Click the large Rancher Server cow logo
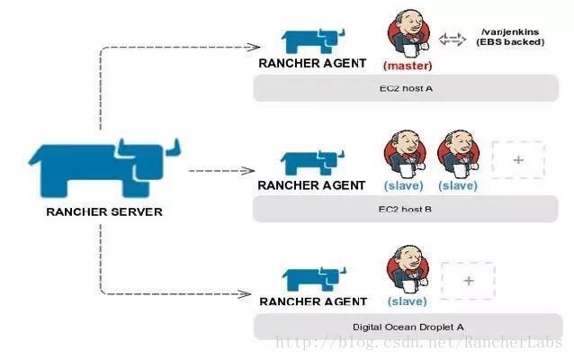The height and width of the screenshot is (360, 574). click(x=103, y=166)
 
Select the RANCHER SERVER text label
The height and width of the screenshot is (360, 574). click(x=103, y=212)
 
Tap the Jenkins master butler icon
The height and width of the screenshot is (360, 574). click(x=408, y=34)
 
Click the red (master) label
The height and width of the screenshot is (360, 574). click(x=408, y=66)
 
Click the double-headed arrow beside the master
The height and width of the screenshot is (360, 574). click(x=452, y=39)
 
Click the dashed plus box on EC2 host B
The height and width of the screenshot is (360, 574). click(x=517, y=159)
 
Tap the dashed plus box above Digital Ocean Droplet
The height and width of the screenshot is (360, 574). click(x=468, y=280)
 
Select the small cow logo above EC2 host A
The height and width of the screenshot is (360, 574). click(x=311, y=40)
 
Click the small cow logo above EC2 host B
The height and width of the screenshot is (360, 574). click(x=311, y=162)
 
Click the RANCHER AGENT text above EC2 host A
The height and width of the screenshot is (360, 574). click(x=311, y=63)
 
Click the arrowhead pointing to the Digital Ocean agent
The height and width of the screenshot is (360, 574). click(x=247, y=293)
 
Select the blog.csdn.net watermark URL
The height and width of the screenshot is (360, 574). click(x=418, y=343)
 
